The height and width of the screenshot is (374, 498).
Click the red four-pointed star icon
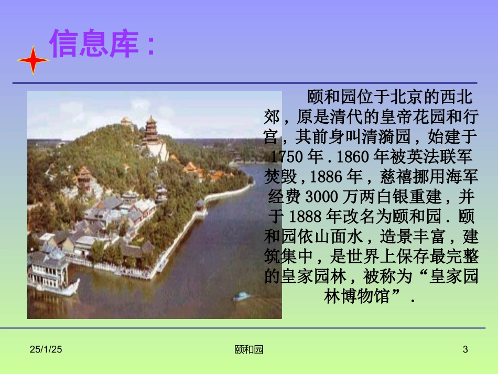pyautogui.click(x=33, y=60)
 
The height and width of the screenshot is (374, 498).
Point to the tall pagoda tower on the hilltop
pyautogui.click(x=151, y=131)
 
